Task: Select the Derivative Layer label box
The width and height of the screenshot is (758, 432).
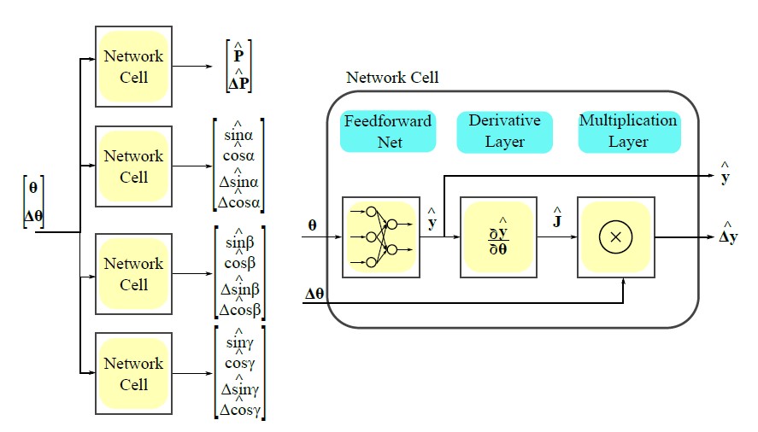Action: click(504, 131)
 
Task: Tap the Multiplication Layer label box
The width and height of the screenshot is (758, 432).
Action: click(628, 131)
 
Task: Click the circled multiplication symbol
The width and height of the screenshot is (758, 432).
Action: click(614, 237)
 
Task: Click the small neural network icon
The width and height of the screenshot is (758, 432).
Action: click(382, 237)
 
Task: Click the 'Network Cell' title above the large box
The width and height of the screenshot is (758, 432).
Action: click(391, 78)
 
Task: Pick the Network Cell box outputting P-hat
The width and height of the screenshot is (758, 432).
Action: click(133, 67)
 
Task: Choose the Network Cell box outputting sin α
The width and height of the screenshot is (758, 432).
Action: click(133, 166)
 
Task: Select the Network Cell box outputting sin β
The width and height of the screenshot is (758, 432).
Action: click(133, 274)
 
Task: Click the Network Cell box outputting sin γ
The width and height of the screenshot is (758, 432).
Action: click(133, 373)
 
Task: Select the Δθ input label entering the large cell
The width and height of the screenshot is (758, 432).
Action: click(315, 295)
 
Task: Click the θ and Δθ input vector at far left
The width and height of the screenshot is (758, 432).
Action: click(33, 201)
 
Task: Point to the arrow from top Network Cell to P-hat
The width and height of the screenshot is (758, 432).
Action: click(196, 67)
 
